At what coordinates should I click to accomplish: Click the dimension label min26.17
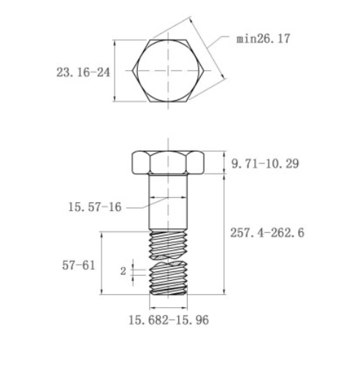click(263, 39)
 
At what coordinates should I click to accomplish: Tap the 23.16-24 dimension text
click(83, 72)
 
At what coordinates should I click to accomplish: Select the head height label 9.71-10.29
click(265, 163)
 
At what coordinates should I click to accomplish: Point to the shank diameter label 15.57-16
click(95, 207)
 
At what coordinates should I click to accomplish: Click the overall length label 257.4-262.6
click(267, 233)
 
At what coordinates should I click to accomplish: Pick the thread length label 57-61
click(79, 266)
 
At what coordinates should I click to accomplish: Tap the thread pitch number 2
click(123, 271)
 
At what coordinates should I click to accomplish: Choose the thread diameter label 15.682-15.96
click(169, 320)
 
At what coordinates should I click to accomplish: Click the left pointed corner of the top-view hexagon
click(132, 71)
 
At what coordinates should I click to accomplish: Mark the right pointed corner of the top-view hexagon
click(204, 71)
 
